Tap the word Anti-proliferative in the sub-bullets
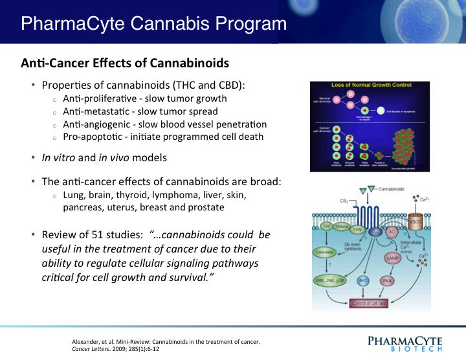96,99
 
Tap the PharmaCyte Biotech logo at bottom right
404,343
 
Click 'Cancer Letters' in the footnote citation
94,349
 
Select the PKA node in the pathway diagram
387,281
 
